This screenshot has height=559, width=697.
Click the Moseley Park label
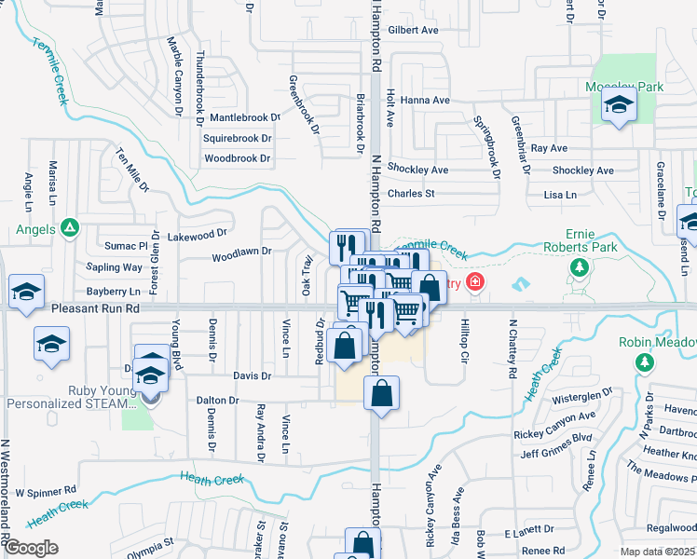point(624,86)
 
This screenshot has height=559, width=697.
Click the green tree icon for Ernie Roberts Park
point(580,267)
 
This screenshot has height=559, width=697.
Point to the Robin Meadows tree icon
point(641,361)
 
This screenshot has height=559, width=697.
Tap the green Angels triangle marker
point(69,228)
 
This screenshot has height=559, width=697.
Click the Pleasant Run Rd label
point(96,307)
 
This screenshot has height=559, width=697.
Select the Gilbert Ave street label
point(413,30)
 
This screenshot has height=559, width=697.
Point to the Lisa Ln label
point(559,195)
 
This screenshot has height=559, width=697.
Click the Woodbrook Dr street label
point(237,158)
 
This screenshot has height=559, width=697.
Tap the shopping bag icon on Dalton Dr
point(381,393)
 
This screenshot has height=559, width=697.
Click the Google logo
point(31,548)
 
